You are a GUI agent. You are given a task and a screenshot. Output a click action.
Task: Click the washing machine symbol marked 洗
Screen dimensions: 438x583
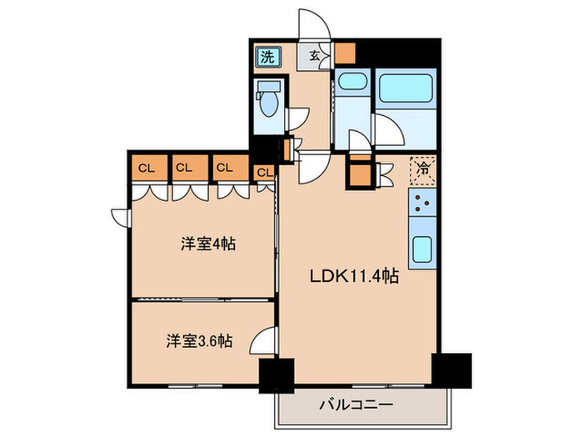click(x=267, y=57)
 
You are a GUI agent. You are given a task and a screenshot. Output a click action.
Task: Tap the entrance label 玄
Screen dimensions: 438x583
click(x=315, y=56)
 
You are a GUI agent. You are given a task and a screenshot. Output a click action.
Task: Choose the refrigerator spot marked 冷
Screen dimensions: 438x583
click(x=422, y=168)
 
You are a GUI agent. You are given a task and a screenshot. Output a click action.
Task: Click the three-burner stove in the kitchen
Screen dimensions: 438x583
click(x=423, y=204)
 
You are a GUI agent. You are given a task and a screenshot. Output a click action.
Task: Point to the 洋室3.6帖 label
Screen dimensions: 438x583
click(x=197, y=341)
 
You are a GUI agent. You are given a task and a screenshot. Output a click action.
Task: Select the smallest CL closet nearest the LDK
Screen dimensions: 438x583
click(x=264, y=172)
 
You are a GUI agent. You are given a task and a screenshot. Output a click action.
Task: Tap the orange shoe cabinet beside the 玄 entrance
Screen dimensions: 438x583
click(x=345, y=53)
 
